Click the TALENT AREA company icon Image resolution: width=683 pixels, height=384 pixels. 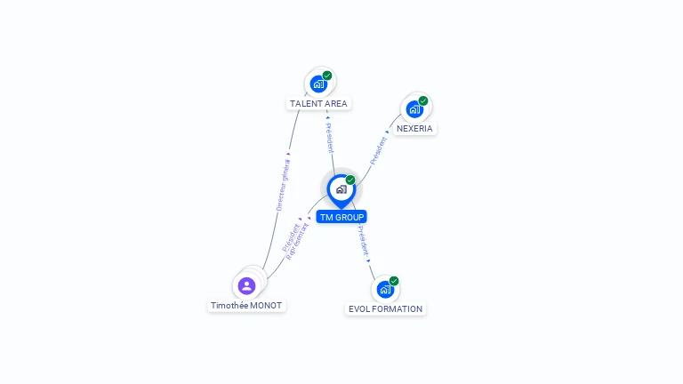tap(317, 84)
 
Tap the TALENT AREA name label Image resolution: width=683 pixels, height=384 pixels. tap(318, 104)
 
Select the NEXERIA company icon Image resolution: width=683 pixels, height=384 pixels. tap(414, 109)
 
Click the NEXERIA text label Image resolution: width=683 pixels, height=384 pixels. tap(414, 129)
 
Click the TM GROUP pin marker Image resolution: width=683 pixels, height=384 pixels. tap(341, 189)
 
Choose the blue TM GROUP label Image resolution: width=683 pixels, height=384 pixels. tap(341, 217)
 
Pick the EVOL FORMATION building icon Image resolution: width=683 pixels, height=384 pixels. tap(384, 290)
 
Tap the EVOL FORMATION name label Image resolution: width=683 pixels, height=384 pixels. tap(385, 309)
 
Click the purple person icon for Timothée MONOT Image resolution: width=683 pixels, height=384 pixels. tap(246, 286)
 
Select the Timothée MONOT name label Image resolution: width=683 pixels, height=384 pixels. tap(246, 306)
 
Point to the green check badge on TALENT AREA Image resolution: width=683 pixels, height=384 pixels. tap(327, 76)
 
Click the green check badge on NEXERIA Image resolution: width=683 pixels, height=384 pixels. tap(423, 100)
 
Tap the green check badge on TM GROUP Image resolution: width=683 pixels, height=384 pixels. tap(350, 180)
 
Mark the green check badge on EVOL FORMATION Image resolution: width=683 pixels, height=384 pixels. tap(394, 281)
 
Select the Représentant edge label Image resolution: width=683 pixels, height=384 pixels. tap(298, 242)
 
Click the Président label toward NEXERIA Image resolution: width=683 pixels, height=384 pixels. tap(379, 149)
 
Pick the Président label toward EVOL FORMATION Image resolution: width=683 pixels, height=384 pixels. tap(363, 241)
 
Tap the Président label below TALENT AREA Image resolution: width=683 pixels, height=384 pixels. tap(330, 137)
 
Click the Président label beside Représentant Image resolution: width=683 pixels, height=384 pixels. tap(290, 237)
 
